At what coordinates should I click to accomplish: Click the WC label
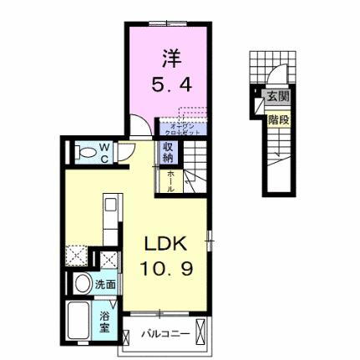106,152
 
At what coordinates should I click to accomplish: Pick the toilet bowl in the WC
83,153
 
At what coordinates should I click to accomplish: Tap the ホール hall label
170,180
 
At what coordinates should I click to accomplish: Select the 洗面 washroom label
104,284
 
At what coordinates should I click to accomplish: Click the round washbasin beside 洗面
82,284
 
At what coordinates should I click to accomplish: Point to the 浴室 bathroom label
106,321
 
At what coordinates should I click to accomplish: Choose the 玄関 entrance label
276,97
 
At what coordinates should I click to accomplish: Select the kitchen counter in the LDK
109,217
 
